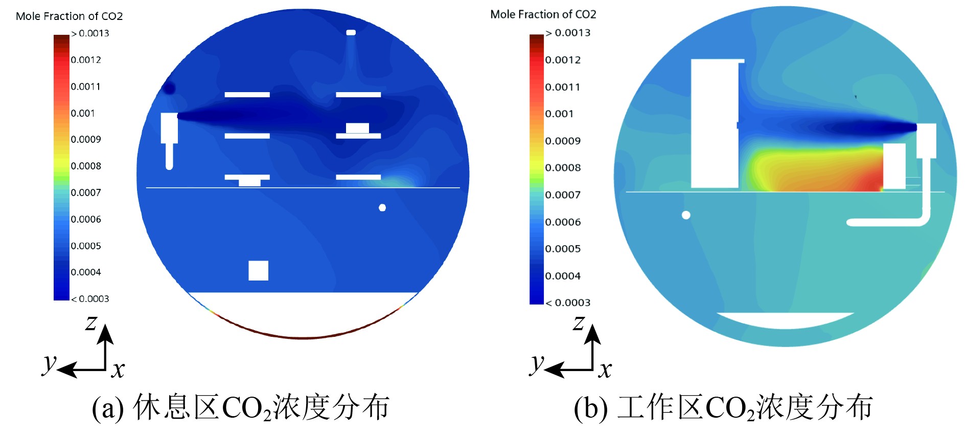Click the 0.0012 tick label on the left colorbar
click(x=86, y=60)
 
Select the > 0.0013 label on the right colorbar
click(x=568, y=33)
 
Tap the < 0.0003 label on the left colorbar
click(x=90, y=299)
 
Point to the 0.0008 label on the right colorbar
click(x=563, y=168)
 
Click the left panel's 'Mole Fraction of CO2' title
click(x=70, y=16)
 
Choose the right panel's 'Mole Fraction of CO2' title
click(x=543, y=14)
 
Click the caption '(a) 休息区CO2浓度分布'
click(x=241, y=408)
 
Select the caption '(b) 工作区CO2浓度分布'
click(x=723, y=408)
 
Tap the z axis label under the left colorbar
click(x=91, y=323)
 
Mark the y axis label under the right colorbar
click(x=536, y=363)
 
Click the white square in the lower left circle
click(x=258, y=270)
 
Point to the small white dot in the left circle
click(x=382, y=208)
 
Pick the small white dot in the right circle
click(x=686, y=215)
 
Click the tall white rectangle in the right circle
click(x=715, y=123)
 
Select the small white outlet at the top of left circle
click(x=351, y=33)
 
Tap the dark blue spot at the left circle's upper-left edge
click(x=168, y=88)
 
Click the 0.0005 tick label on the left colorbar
click(x=86, y=246)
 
